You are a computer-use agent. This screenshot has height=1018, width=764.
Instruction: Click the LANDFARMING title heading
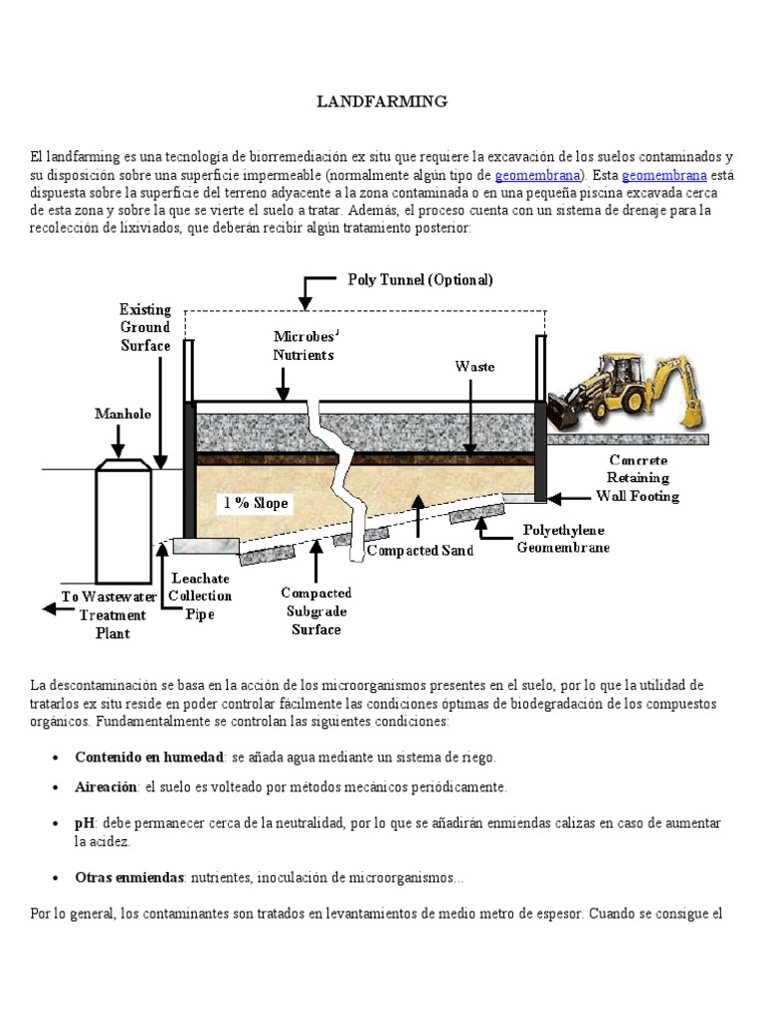coord(382,101)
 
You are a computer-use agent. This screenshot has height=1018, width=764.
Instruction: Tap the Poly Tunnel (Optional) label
coord(420,279)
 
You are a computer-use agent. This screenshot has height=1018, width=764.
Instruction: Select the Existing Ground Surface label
coord(145,327)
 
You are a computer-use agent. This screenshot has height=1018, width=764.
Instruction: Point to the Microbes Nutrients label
coord(303,345)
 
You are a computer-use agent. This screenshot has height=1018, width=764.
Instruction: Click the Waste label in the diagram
coord(475,366)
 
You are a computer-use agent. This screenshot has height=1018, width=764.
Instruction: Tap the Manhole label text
coord(122,414)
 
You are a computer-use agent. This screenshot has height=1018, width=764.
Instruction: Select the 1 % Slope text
coord(256,503)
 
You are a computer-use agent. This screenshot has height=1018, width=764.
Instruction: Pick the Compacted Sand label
coord(420,549)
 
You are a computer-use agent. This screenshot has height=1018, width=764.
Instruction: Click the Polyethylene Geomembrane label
coord(562,539)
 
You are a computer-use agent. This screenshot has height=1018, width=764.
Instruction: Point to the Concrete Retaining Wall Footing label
coord(638,478)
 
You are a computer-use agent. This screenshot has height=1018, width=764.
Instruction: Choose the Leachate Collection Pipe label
coord(200,595)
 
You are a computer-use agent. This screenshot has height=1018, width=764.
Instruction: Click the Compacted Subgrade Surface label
coord(315,610)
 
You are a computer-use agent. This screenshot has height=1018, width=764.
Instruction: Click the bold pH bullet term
coord(84,824)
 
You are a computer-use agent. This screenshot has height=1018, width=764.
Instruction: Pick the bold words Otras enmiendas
coord(129,878)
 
